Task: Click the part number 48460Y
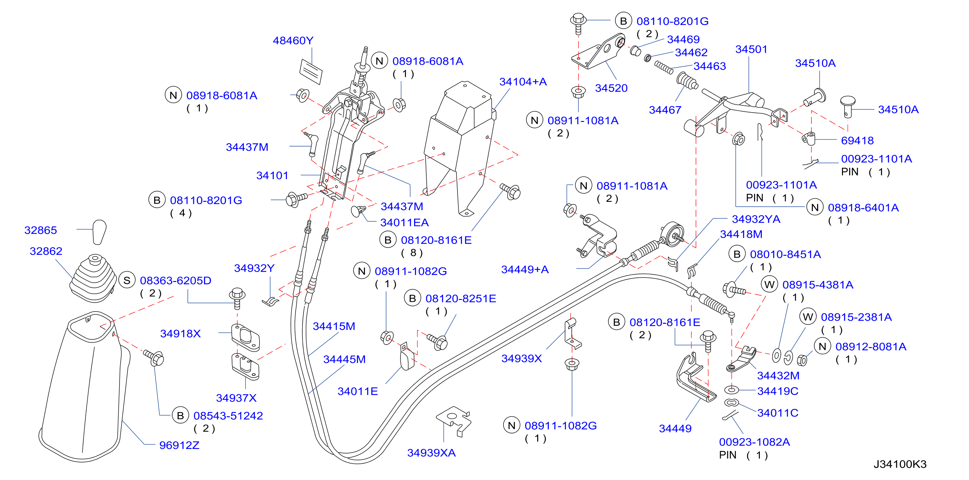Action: click(x=293, y=40)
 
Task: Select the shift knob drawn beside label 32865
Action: click(x=99, y=232)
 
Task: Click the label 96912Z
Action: click(x=179, y=445)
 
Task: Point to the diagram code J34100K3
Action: click(x=900, y=464)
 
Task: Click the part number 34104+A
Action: click(x=523, y=82)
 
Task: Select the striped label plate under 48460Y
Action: click(x=311, y=71)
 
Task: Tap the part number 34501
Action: click(x=751, y=49)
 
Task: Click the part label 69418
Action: click(x=857, y=140)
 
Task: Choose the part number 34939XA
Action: click(x=431, y=453)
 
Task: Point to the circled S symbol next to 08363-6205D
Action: click(x=127, y=280)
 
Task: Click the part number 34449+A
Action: click(x=525, y=269)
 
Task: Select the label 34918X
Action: click(x=181, y=333)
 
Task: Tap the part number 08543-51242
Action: click(x=228, y=416)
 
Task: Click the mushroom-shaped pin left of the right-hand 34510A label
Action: click(x=848, y=106)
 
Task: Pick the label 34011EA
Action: click(x=404, y=223)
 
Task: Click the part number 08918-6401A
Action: click(x=863, y=207)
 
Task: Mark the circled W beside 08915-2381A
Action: click(x=808, y=317)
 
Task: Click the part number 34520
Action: click(x=611, y=88)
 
